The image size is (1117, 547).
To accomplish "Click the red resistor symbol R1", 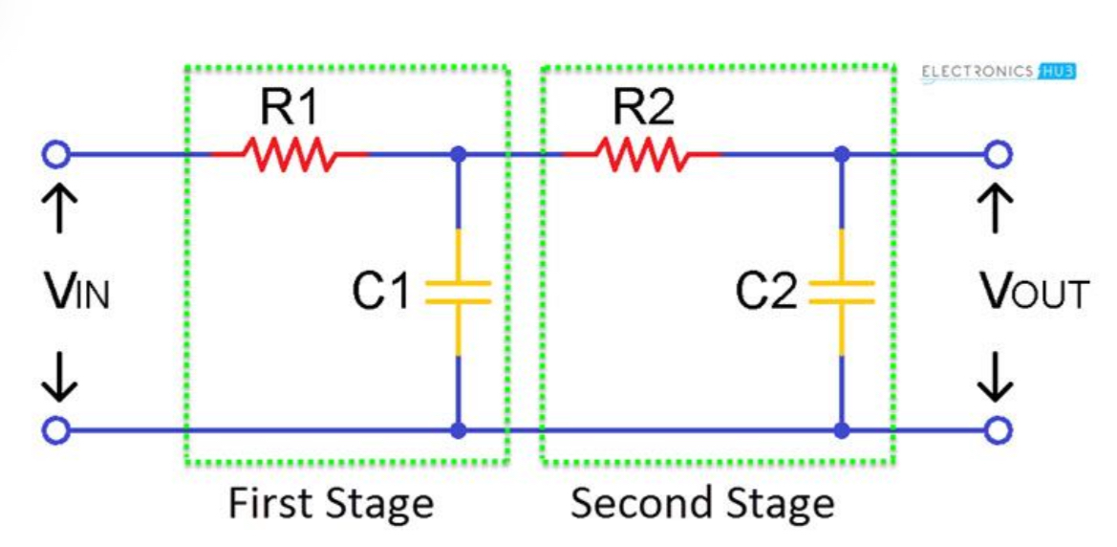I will pos(288,153).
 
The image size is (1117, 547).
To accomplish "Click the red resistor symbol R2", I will pos(640,153).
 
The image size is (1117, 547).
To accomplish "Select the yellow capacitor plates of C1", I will pos(458,292).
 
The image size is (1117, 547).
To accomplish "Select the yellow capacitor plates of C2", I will pos(841,292).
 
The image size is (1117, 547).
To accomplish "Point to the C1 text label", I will pos(380,293).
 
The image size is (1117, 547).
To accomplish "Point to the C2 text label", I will pos(764,293).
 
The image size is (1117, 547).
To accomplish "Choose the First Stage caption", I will pos(330,503).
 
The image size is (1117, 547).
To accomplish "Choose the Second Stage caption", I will pos(702,503).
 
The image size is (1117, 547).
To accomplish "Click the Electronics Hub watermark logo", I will pos(999,72).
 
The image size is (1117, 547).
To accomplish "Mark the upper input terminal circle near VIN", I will pos(56,153).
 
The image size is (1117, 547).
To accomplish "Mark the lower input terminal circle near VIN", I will pos(56,430).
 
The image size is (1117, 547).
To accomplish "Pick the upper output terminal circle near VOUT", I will pos(998,153).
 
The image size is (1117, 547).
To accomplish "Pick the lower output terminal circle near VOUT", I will pos(998,430).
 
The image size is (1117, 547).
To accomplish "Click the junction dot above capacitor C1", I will pos(459,153).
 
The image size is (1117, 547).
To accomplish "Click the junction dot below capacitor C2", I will pos(841,430).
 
